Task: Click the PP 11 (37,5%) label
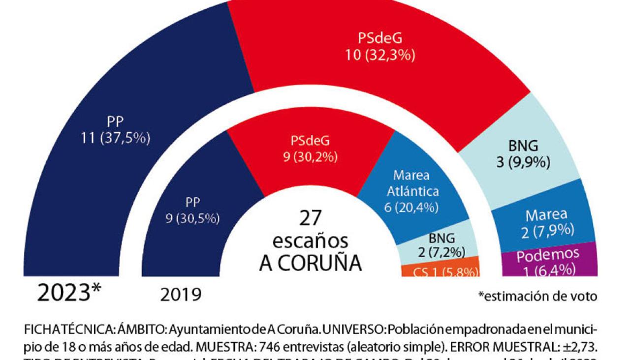[x=115, y=130]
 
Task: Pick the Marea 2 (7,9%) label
[x=546, y=222]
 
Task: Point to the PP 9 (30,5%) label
[x=192, y=210]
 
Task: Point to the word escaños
[x=310, y=241]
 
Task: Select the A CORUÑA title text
[x=310, y=263]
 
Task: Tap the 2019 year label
[x=181, y=295]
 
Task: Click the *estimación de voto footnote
[x=537, y=296]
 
